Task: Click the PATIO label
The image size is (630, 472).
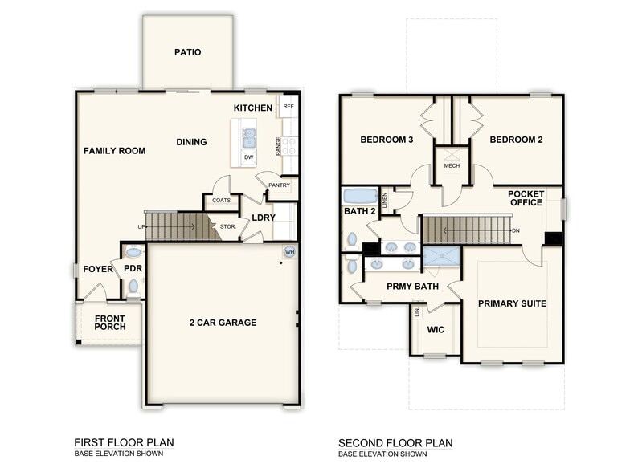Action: coord(188,52)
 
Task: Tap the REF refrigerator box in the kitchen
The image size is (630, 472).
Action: coord(288,106)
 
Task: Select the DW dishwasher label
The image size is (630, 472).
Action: coord(249,157)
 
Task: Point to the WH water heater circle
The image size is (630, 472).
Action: coord(289,252)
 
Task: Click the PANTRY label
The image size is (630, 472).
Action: coord(280,185)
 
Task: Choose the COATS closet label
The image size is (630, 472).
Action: coord(222,201)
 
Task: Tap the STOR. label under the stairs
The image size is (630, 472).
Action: coord(228,226)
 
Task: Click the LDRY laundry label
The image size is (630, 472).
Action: coord(264,218)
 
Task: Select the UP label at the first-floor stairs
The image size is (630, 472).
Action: coord(141,226)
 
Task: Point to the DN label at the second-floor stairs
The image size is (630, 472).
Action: coord(516,231)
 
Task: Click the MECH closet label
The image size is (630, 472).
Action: coord(452,165)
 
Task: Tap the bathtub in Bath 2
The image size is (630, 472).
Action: coord(360,196)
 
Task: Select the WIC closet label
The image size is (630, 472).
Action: coord(436,330)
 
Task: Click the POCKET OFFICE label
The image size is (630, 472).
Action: coord(526,198)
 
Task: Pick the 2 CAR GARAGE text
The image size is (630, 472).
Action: coord(223,323)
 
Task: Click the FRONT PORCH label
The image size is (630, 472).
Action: coord(109,323)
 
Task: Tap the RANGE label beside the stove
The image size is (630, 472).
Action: coord(278,146)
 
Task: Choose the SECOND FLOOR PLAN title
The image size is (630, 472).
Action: coord(395,443)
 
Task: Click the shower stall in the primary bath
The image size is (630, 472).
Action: coord(442,257)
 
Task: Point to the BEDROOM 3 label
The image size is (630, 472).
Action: coord(387,140)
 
